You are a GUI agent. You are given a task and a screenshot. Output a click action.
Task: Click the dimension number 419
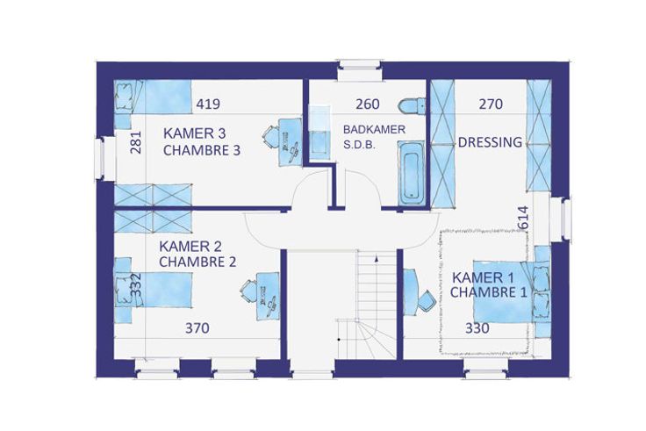click(208, 104)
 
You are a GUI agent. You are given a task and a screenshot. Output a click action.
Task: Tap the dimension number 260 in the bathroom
click(368, 104)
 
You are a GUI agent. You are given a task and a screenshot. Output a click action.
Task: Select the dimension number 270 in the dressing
click(491, 104)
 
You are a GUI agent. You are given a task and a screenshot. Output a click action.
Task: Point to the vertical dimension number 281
click(135, 142)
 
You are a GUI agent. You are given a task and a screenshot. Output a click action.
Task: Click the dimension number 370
click(197, 328)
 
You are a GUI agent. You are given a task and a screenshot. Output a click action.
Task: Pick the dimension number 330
click(477, 328)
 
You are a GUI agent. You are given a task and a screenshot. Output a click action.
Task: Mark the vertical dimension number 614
click(522, 217)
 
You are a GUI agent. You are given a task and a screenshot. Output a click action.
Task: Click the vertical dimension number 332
click(135, 284)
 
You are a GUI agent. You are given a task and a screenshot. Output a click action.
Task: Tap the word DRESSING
click(491, 142)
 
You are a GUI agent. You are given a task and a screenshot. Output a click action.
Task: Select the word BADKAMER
click(374, 129)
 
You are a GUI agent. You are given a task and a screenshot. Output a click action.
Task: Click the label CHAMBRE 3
click(202, 150)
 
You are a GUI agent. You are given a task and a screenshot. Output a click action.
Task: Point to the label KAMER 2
click(190, 247)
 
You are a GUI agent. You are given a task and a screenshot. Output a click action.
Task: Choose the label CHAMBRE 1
click(488, 292)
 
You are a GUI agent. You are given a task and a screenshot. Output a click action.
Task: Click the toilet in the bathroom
click(412, 105)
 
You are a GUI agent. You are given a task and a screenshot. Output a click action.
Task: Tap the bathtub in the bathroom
click(411, 173)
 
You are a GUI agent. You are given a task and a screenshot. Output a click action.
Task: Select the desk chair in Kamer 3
click(270, 137)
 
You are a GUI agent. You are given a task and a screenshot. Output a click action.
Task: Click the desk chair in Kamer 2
click(248, 291)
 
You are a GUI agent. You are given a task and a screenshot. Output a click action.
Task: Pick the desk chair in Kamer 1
click(427, 301)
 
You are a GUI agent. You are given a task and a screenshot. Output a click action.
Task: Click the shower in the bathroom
click(320, 133)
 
